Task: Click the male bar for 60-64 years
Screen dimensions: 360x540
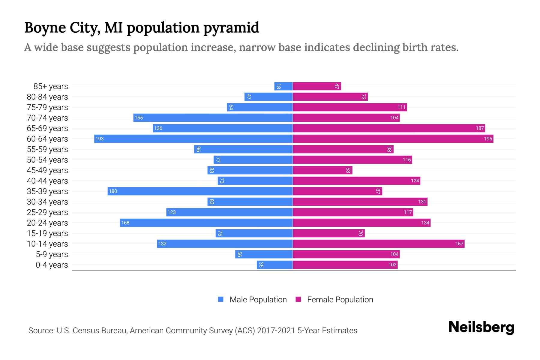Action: point(193,139)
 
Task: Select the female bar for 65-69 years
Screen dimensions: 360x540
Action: point(389,128)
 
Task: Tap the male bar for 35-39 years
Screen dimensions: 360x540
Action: point(200,191)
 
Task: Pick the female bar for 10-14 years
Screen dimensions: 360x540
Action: point(379,244)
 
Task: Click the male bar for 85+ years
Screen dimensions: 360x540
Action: point(283,86)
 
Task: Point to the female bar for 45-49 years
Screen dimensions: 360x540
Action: point(322,170)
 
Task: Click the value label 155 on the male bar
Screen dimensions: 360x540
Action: point(139,118)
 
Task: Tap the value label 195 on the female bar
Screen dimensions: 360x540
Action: point(488,139)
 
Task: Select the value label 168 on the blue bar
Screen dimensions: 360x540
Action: point(125,223)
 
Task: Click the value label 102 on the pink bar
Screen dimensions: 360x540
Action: point(392,265)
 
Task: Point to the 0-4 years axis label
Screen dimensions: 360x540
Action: point(52,265)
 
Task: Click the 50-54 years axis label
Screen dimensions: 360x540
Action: point(47,160)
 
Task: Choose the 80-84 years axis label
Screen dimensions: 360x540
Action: point(47,97)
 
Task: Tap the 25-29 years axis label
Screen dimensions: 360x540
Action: point(47,212)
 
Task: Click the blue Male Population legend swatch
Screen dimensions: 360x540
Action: point(221,299)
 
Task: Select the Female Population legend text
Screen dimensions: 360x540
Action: point(340,299)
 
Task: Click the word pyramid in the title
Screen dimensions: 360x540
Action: point(231,28)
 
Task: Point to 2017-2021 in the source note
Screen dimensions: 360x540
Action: point(276,331)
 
